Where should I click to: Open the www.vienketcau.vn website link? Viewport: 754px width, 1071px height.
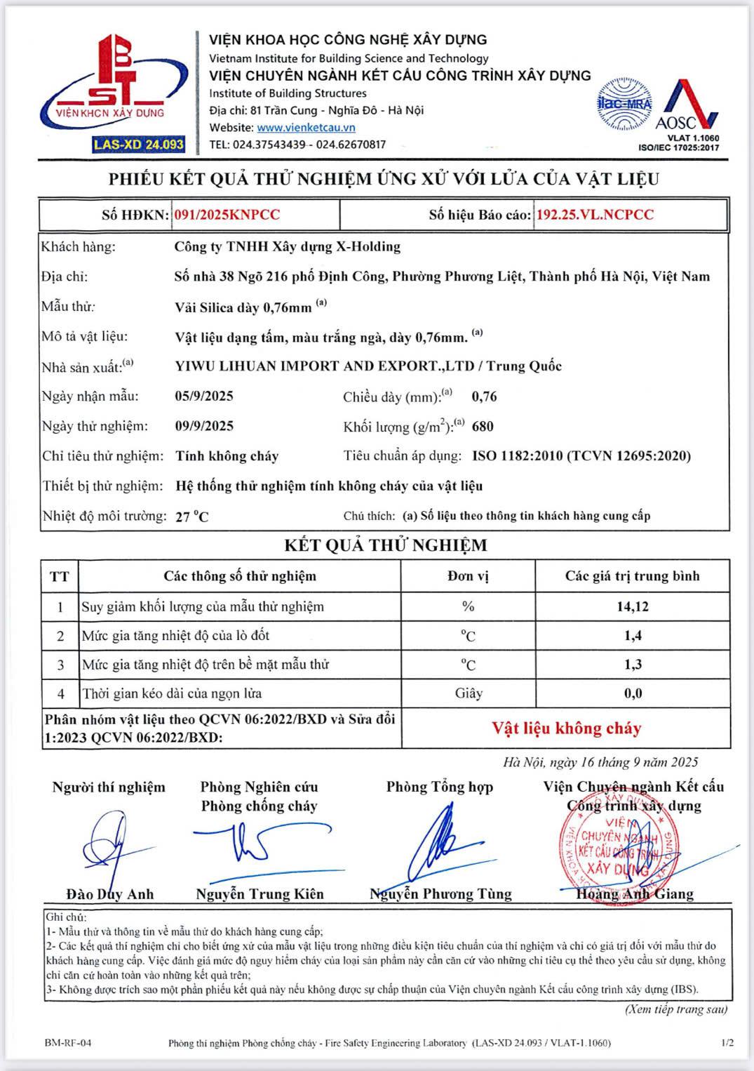306,128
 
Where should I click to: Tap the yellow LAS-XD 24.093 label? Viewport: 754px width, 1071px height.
139,145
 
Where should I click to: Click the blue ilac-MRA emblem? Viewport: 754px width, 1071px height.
624,105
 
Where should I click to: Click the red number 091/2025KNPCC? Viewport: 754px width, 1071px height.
227,215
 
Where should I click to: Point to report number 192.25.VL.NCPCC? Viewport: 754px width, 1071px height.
595,215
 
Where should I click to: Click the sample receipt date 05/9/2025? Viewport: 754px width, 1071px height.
204,396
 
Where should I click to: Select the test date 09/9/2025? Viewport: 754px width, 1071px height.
204,426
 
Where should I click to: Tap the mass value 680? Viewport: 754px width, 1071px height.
483,426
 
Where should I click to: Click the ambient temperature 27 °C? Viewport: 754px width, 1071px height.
192,517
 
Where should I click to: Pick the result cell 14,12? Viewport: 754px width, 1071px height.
632,606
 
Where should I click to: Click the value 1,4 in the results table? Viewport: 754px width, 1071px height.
633,635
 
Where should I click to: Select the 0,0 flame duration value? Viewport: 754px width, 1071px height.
633,693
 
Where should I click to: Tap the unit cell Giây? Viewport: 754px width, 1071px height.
468,693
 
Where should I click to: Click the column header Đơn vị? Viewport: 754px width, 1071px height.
468,576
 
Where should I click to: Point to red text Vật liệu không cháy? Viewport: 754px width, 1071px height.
566,729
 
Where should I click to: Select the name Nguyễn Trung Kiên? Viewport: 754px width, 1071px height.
260,894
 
